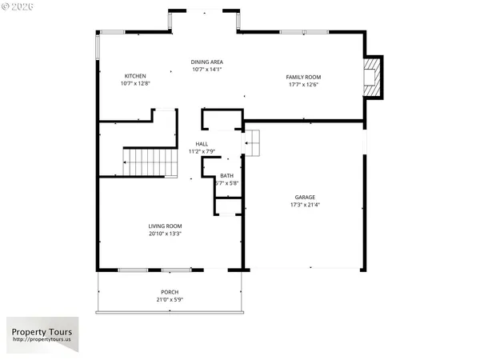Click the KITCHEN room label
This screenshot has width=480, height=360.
pyautogui.click(x=135, y=75)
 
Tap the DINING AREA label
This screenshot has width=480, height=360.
pyautogui.click(x=206, y=62)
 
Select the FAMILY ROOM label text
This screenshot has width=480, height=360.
pyautogui.click(x=303, y=77)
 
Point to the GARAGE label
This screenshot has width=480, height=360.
pyautogui.click(x=305, y=197)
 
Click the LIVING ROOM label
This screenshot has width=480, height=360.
pyautogui.click(x=165, y=226)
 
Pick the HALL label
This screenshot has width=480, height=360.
pyautogui.click(x=202, y=144)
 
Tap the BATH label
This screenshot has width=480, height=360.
pyautogui.click(x=227, y=176)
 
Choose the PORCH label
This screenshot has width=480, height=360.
pyautogui.click(x=169, y=292)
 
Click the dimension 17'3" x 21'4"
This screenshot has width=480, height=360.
pyautogui.click(x=305, y=205)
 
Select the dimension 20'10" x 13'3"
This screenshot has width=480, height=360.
pyautogui.click(x=165, y=234)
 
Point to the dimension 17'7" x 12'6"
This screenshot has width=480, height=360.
pyautogui.click(x=303, y=84)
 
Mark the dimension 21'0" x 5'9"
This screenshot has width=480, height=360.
pyautogui.click(x=169, y=300)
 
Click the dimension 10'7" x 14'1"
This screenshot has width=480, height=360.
pyautogui.click(x=206, y=70)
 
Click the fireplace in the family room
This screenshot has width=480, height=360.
pyautogui.click(x=372, y=78)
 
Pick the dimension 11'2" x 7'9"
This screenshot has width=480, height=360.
pyautogui.click(x=202, y=151)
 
